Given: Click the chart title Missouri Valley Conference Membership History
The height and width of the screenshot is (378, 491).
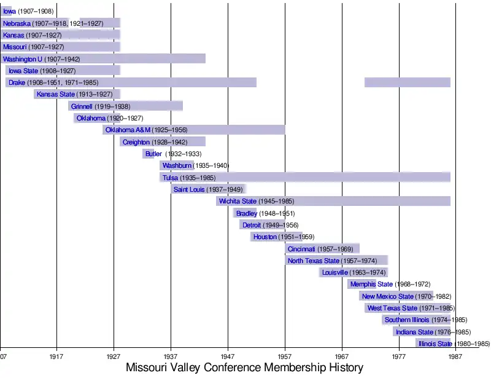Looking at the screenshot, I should click(244, 368).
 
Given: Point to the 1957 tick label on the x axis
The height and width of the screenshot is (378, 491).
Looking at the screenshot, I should click(285, 356).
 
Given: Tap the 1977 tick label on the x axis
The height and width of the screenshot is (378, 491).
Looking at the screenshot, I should click(399, 356).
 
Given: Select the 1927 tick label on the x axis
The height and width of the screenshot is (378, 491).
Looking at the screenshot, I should click(114, 356).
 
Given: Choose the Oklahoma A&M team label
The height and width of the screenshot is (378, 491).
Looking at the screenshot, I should click(128, 130).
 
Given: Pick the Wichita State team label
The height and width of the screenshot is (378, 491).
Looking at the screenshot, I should click(238, 201).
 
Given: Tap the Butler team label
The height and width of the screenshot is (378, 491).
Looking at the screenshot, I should click(153, 154).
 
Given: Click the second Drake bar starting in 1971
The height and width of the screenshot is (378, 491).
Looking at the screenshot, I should click(407, 82).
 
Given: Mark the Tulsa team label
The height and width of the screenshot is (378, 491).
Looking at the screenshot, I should click(170, 178).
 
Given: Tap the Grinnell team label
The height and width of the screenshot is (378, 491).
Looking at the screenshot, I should click(82, 106).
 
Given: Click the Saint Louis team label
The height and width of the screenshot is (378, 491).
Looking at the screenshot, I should click(189, 189).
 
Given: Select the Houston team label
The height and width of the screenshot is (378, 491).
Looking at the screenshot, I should click(265, 237).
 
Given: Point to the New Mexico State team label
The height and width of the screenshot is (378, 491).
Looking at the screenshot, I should click(388, 296).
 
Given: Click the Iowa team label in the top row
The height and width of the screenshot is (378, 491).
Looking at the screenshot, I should click(9, 12).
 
